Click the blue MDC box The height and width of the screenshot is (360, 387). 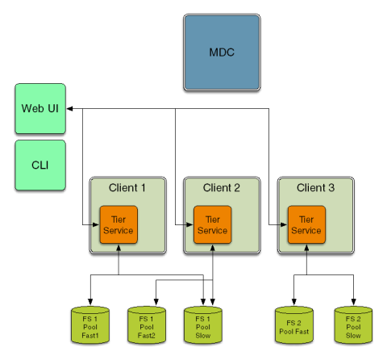click(222, 52)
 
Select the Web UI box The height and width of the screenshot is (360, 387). click(40, 108)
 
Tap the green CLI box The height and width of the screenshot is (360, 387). click(40, 165)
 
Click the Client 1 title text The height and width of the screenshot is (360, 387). click(127, 187)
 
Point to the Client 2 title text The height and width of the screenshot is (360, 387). click(221, 187)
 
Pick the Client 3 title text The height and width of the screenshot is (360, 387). click(315, 187)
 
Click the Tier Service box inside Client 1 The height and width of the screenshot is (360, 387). click(119, 224)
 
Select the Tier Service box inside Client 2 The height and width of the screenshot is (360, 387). click(213, 224)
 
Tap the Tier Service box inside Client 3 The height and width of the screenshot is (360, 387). click(306, 224)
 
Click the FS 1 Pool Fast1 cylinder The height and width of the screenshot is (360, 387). click(90, 325)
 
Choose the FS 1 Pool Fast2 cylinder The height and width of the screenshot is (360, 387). click(147, 325)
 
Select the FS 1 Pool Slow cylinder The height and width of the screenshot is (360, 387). click(203, 325)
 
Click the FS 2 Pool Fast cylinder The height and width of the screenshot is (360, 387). click(294, 325)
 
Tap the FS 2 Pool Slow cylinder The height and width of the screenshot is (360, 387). click(353, 325)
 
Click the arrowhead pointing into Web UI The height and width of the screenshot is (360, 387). click(69, 109)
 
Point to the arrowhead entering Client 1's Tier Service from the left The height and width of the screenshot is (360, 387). click(96, 224)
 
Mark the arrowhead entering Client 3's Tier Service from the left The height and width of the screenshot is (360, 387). click(284, 224)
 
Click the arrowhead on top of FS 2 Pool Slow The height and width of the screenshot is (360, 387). click(353, 302)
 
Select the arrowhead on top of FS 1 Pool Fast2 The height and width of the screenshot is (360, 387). click(156, 302)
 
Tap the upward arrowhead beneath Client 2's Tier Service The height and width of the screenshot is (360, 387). click(213, 248)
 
